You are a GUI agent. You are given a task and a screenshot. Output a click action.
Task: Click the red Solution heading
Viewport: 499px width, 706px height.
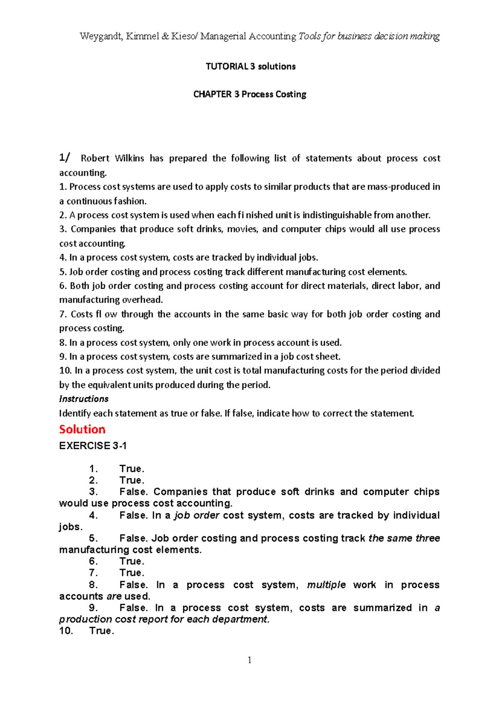(82, 429)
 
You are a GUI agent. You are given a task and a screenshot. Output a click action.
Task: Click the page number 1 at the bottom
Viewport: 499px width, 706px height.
(249, 660)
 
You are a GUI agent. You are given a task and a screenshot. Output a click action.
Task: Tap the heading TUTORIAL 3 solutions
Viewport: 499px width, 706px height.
(250, 67)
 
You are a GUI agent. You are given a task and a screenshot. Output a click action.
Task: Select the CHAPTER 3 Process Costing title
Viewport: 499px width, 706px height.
(249, 94)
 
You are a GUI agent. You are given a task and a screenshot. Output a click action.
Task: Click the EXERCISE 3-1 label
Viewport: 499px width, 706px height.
(93, 446)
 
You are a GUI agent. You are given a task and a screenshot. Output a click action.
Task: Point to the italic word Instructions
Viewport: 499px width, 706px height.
(84, 399)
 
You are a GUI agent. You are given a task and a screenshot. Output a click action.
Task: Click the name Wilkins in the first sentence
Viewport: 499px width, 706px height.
(129, 159)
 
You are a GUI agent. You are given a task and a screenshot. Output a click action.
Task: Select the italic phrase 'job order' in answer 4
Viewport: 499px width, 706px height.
(196, 515)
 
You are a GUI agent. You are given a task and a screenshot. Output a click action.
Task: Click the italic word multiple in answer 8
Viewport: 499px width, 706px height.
(326, 585)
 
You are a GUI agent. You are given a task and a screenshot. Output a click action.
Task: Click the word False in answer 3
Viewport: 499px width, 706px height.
(133, 492)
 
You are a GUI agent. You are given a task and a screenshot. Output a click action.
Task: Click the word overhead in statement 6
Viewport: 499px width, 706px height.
(145, 300)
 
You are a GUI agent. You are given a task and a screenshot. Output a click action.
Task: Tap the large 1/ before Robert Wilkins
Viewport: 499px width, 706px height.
(64, 158)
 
